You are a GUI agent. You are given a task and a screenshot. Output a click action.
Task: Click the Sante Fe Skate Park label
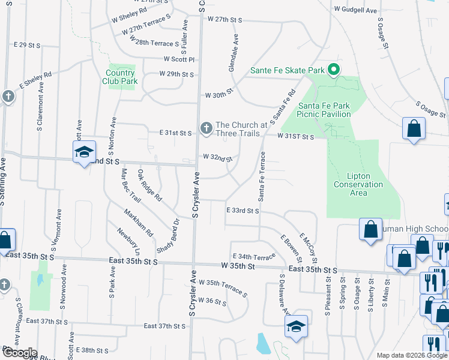pyautogui.click(x=287, y=71)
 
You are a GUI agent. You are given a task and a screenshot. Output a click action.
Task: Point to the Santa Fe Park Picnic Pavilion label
pyautogui.click(x=324, y=110)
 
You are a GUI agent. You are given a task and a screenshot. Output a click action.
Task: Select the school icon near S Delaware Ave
pyautogui.click(x=296, y=326)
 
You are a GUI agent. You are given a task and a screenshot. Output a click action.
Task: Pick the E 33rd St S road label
pyautogui.click(x=243, y=211)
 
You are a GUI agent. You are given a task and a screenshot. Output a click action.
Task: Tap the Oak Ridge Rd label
pyautogui.click(x=149, y=185)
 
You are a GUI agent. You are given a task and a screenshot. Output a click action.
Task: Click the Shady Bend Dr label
pyautogui.click(x=176, y=230)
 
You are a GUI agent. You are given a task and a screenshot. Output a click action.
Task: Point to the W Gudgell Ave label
pyautogui.click(x=355, y=10)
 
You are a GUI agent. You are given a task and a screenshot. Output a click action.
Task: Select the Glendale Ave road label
pyautogui.click(x=234, y=53)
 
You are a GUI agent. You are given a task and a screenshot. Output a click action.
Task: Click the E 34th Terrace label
pyautogui.click(x=253, y=257)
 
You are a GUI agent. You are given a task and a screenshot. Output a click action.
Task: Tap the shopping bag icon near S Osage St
pyautogui.click(x=414, y=128)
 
